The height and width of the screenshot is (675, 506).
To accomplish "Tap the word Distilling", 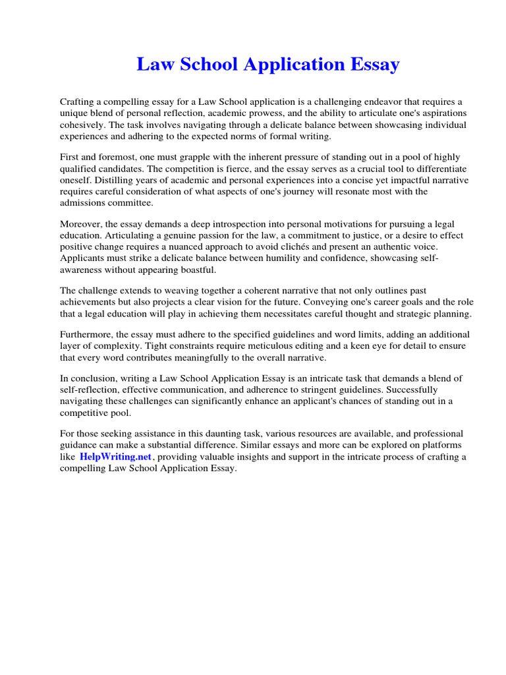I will (x=107, y=180).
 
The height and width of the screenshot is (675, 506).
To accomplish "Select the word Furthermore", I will (x=87, y=336).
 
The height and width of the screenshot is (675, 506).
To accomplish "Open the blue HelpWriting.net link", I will (x=115, y=457).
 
